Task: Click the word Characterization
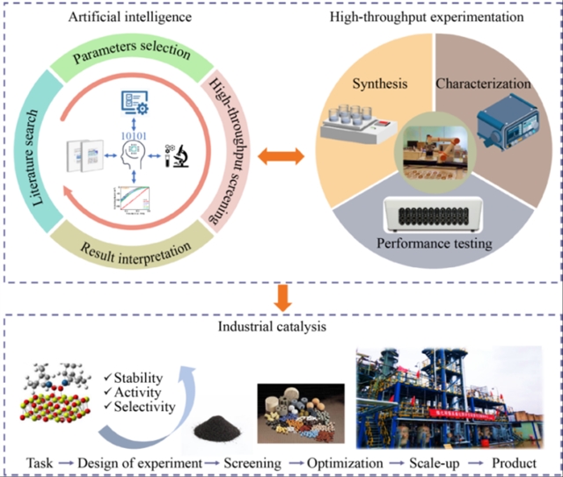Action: (483, 84)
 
